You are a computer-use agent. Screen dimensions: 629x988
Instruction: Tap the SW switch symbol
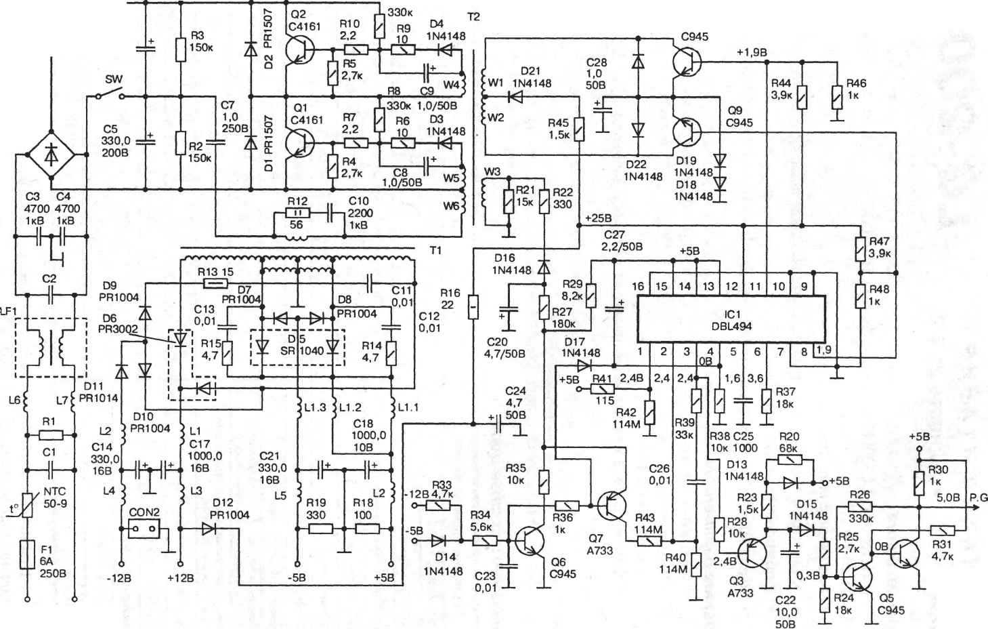point(110,97)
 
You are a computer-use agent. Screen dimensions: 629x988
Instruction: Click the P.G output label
point(977,498)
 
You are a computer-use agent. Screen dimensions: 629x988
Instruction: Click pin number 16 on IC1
point(638,287)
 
